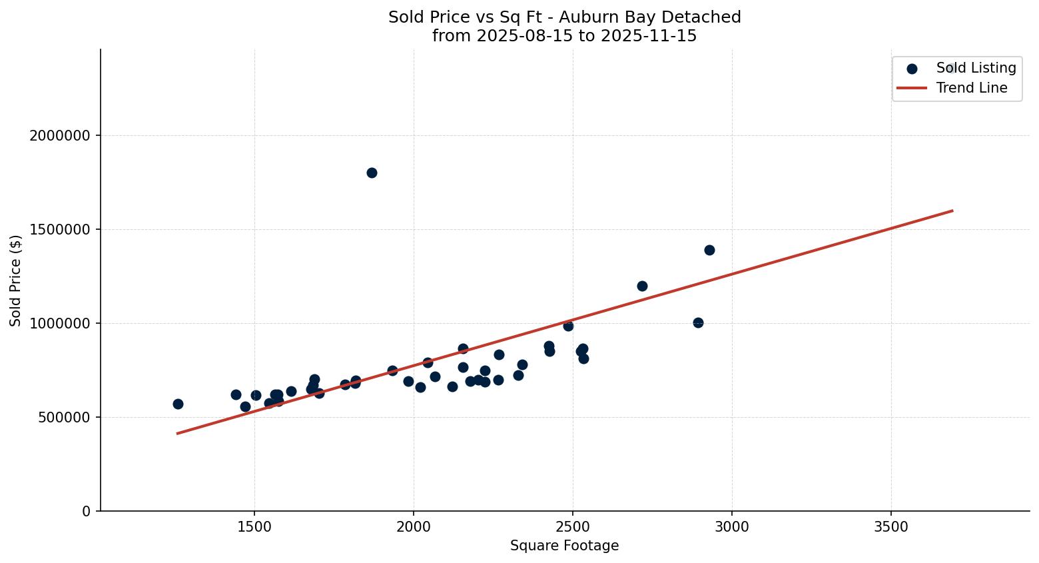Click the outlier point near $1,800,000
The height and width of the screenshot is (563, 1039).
(x=372, y=173)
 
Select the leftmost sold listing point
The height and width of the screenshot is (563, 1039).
(x=178, y=404)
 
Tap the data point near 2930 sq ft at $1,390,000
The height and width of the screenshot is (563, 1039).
(x=709, y=250)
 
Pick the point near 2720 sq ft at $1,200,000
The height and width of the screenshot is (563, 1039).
(x=642, y=286)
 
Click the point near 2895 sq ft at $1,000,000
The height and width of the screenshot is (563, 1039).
(x=698, y=322)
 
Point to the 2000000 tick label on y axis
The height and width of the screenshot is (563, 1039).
(x=60, y=136)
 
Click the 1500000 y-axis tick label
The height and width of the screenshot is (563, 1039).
(x=60, y=230)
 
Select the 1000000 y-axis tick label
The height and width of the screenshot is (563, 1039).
(x=60, y=324)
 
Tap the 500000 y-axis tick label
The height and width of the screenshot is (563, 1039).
(x=63, y=418)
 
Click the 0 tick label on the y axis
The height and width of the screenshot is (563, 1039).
(x=87, y=512)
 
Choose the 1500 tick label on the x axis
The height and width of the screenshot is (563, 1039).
(x=254, y=526)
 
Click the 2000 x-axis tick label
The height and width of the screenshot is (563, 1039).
(x=414, y=526)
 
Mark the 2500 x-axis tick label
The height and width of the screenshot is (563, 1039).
(x=573, y=526)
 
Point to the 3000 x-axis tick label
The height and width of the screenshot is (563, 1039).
(x=732, y=526)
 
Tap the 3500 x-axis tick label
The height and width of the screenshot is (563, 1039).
(x=891, y=526)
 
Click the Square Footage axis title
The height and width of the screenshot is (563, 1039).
(x=564, y=546)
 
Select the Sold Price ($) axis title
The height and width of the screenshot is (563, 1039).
(x=15, y=281)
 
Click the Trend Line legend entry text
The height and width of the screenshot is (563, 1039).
(x=972, y=88)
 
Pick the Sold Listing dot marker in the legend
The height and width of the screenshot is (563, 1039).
(x=912, y=69)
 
